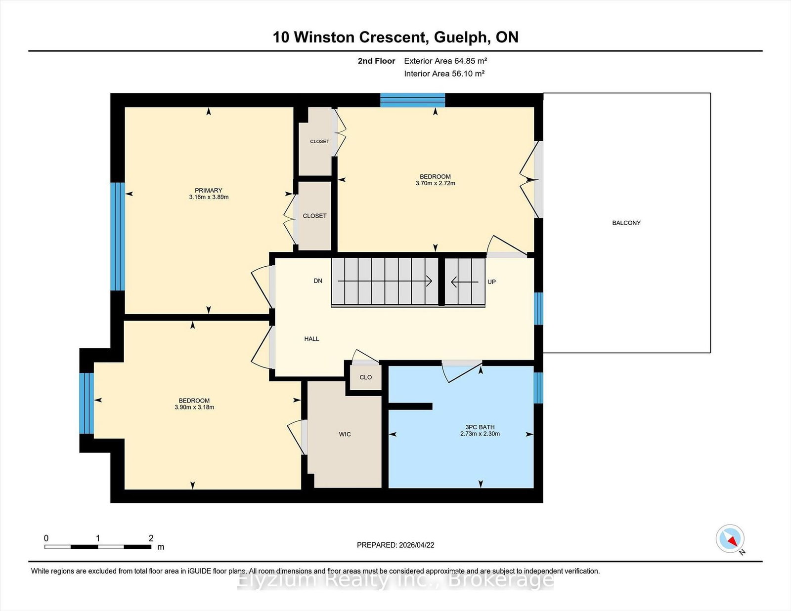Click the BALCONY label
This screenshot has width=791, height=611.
tap(626, 223)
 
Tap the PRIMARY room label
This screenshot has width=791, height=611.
tap(208, 191)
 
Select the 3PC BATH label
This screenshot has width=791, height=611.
tap(480, 427)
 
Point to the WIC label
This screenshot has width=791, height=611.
tap(345, 434)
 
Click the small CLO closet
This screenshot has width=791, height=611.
tap(365, 377)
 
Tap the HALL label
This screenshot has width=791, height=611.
tap(311, 339)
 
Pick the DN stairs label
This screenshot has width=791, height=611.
tap(318, 281)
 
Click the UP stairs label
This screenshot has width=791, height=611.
tap(491, 282)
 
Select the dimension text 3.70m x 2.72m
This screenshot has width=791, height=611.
tap(436, 183)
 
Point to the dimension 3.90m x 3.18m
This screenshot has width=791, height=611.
tap(194, 407)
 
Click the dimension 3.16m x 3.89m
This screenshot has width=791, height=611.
tap(209, 197)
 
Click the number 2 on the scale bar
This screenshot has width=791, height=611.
tap(151, 538)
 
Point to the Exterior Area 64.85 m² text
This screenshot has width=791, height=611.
tap(445, 61)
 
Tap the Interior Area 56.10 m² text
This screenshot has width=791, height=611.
tap(444, 74)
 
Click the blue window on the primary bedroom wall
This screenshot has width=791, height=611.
tap(118, 237)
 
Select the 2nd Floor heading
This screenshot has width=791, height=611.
tap(376, 61)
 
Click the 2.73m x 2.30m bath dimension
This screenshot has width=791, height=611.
tap(480, 434)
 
